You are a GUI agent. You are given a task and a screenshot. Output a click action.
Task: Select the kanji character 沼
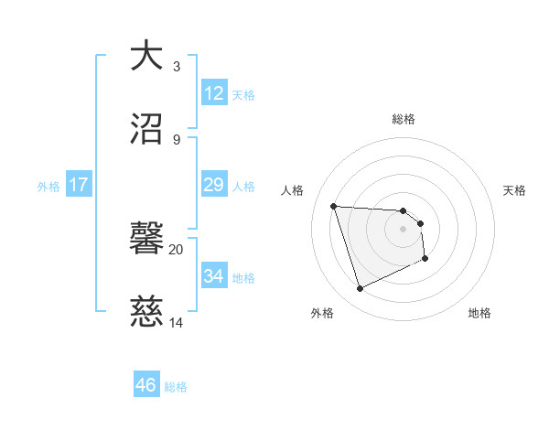pos(147,128)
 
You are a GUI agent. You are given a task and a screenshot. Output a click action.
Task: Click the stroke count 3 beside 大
pos(177,66)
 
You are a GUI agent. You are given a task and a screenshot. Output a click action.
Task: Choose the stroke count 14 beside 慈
pos(177,323)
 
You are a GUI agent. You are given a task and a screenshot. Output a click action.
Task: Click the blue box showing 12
pos(213,93)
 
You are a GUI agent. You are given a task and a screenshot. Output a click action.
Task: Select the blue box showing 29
pos(213,185)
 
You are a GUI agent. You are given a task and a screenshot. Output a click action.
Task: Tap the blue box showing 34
pos(213,276)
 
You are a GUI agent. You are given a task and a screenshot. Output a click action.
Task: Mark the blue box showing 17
pos(79,185)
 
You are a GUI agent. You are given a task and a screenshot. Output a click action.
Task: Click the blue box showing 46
pos(146,385)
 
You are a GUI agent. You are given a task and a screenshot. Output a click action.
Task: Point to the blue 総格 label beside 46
pos(176,387)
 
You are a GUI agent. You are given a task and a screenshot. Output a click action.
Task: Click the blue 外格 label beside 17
pos(48,187)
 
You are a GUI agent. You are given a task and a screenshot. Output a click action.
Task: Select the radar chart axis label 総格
pos(404,119)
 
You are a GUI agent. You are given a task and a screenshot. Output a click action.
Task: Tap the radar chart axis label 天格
pos(514,190)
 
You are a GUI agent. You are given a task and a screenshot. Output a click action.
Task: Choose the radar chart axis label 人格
pos(293,190)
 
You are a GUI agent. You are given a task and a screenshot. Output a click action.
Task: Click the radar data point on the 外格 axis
pos(361,289)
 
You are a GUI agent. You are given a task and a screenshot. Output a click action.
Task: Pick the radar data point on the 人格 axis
pos(334,207)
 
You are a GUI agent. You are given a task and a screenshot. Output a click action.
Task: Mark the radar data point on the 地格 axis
pos(425,259)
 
